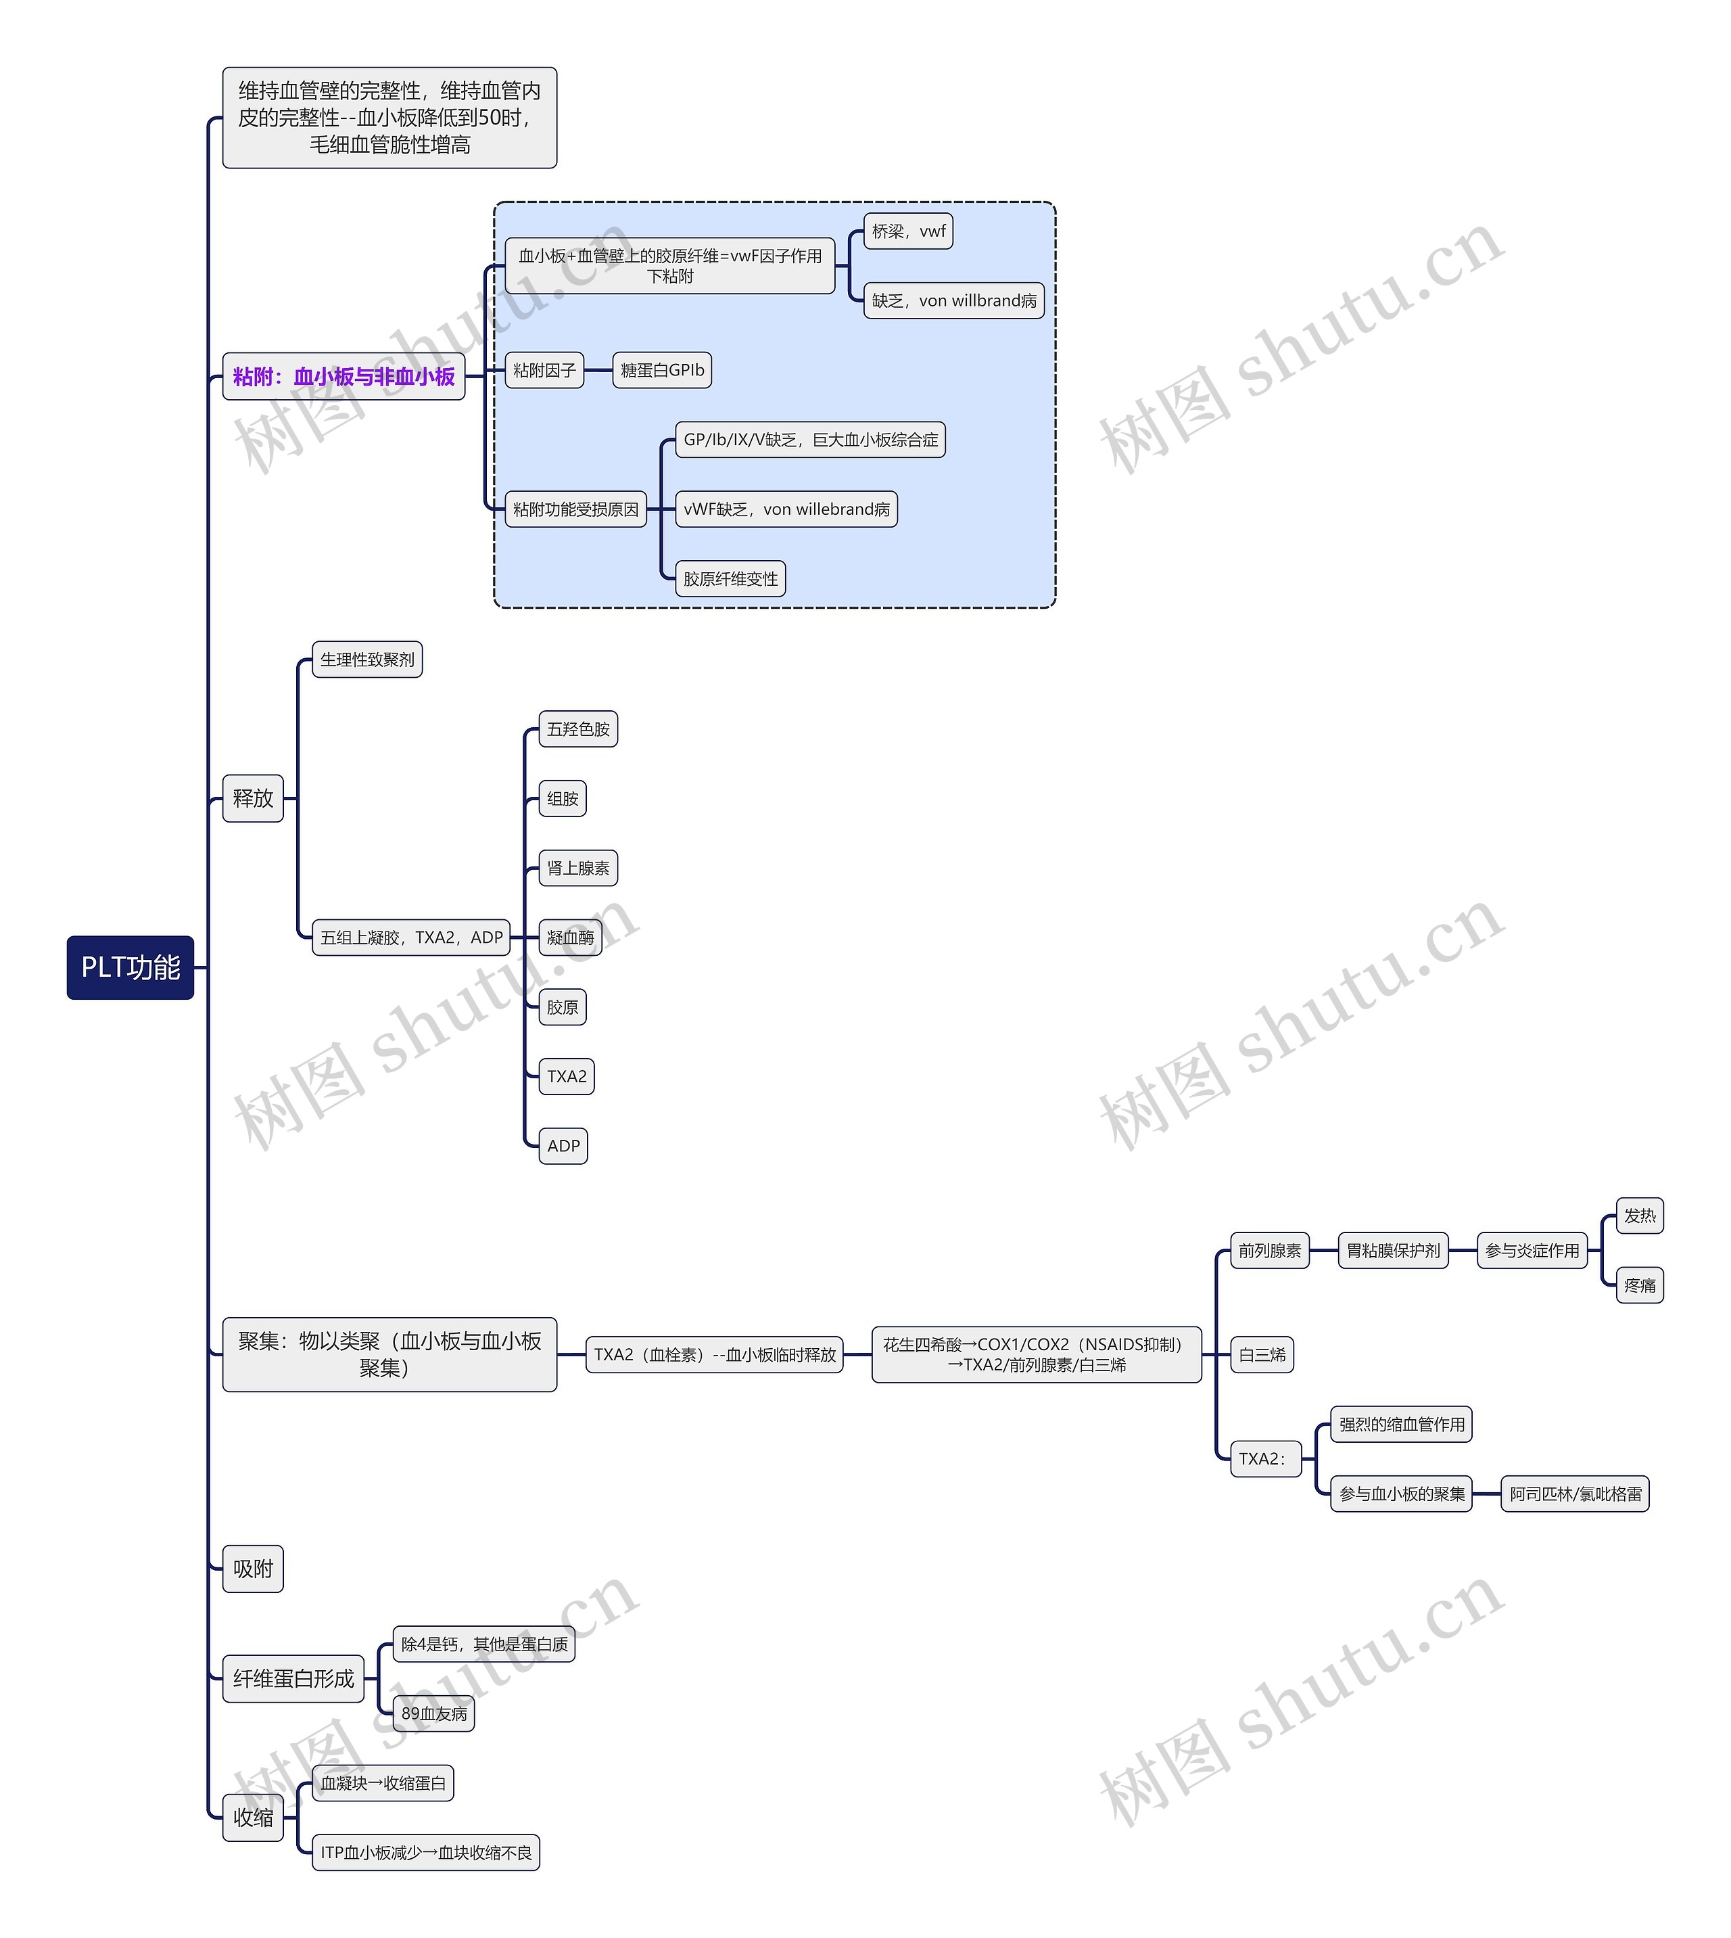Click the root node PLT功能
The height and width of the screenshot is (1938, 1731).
coord(131,967)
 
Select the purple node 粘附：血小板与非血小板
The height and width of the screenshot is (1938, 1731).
coord(343,377)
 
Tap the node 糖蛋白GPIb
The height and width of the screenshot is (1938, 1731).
coord(662,370)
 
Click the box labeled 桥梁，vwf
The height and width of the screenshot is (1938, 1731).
coord(908,231)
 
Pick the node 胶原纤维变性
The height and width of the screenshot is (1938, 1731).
coord(730,578)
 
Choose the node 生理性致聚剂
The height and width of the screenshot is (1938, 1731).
coord(367,660)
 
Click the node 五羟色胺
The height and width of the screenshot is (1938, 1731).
coord(578,729)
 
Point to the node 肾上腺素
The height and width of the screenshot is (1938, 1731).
coord(578,868)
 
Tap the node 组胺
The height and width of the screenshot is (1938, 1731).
coord(563,798)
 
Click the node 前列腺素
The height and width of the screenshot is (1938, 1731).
coord(1270,1250)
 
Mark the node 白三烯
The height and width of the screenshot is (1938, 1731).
coord(1262,1355)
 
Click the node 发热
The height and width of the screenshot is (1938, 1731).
coord(1640,1216)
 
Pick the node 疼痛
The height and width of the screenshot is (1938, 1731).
coord(1640,1285)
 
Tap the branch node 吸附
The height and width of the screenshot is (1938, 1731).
coord(253,1569)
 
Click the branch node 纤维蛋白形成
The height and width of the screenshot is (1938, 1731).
coord(293,1679)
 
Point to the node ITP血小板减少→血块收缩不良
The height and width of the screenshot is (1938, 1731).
coord(426,1852)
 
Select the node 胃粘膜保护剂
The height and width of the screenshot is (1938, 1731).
coord(1394,1250)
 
